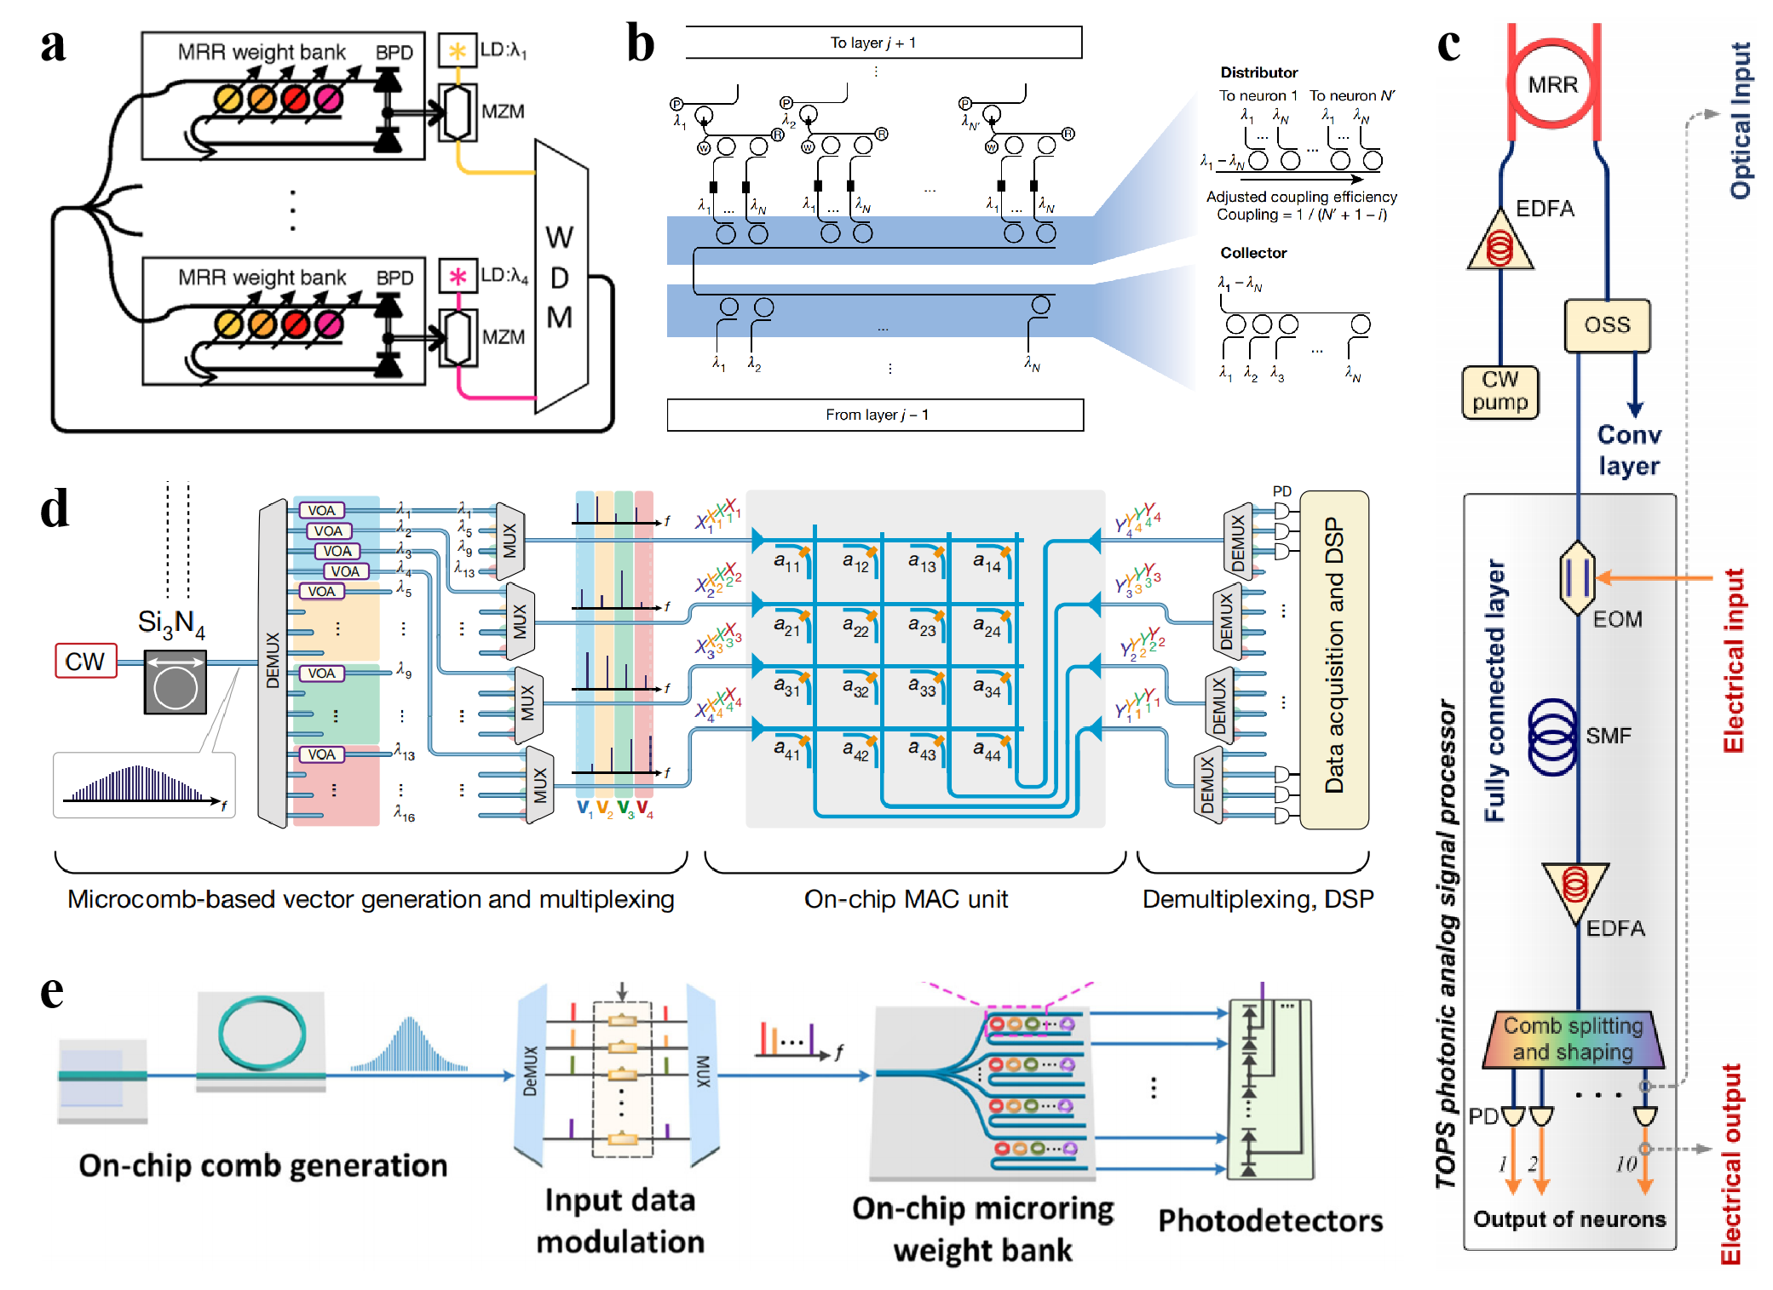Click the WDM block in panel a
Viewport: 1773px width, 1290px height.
(x=561, y=277)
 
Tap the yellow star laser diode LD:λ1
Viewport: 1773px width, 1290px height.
(x=458, y=50)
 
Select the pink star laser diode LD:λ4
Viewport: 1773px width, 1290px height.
(x=458, y=277)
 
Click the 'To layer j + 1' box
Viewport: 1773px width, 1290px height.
(x=883, y=43)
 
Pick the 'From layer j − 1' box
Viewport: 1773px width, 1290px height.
(x=875, y=415)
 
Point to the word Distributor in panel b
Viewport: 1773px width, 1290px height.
(x=1258, y=72)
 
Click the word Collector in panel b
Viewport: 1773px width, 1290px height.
(x=1252, y=253)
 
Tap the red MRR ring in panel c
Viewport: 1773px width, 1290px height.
(x=1552, y=84)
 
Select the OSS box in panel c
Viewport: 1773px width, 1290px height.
(x=1607, y=325)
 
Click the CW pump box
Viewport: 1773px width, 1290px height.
(x=1500, y=391)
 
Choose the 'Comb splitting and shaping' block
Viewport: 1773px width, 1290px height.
(x=1573, y=1039)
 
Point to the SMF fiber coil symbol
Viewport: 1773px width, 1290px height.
(x=1553, y=737)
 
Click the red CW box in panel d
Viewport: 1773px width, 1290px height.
(x=85, y=661)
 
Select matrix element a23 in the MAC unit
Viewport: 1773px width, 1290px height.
(x=921, y=628)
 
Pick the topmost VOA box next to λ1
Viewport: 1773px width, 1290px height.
(x=321, y=510)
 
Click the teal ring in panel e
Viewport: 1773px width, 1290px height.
(x=262, y=1035)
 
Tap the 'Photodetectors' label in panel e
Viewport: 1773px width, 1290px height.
(x=1270, y=1221)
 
